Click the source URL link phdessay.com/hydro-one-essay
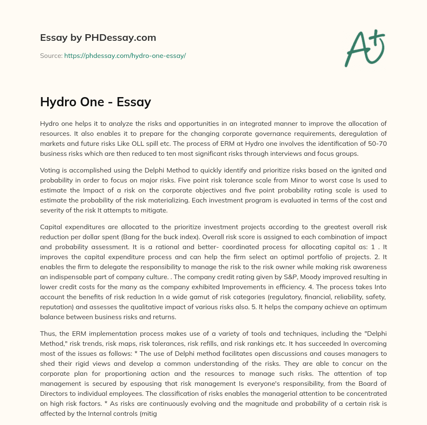(125, 55)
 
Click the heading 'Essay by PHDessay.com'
(98, 38)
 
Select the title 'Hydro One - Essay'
(95, 102)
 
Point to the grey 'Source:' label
(51, 55)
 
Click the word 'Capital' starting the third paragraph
(51, 227)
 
